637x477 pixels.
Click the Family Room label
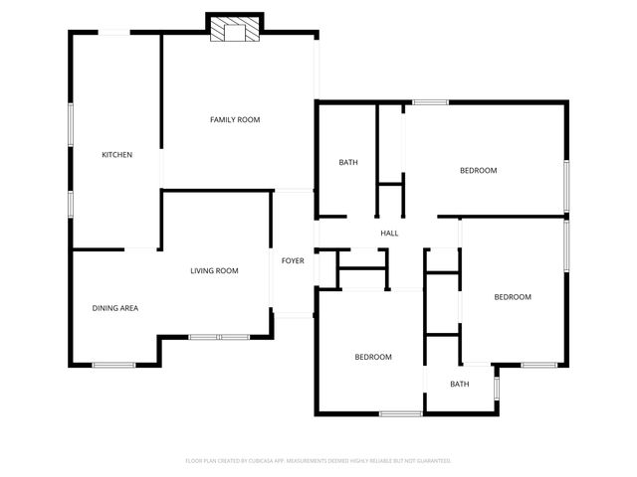[x=235, y=120]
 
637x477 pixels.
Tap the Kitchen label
[x=117, y=155]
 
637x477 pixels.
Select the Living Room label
[x=215, y=270]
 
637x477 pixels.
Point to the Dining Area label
[x=115, y=308]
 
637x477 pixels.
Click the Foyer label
[x=293, y=260]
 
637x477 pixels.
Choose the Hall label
[x=389, y=234]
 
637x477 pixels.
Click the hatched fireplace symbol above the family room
[x=235, y=31]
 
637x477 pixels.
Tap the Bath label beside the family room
[x=348, y=163]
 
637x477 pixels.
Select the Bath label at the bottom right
[x=459, y=384]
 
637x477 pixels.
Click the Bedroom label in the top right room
[x=478, y=171]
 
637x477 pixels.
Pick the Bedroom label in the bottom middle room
[x=373, y=357]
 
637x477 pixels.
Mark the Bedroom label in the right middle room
[x=513, y=297]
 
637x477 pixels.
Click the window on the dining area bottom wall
[x=113, y=365]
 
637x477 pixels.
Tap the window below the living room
[x=219, y=337]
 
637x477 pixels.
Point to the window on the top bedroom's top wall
[x=430, y=101]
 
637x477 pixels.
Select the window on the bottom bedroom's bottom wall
[x=400, y=412]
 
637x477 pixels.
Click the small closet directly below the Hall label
[x=362, y=277]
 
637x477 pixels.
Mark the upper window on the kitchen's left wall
[x=70, y=126]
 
